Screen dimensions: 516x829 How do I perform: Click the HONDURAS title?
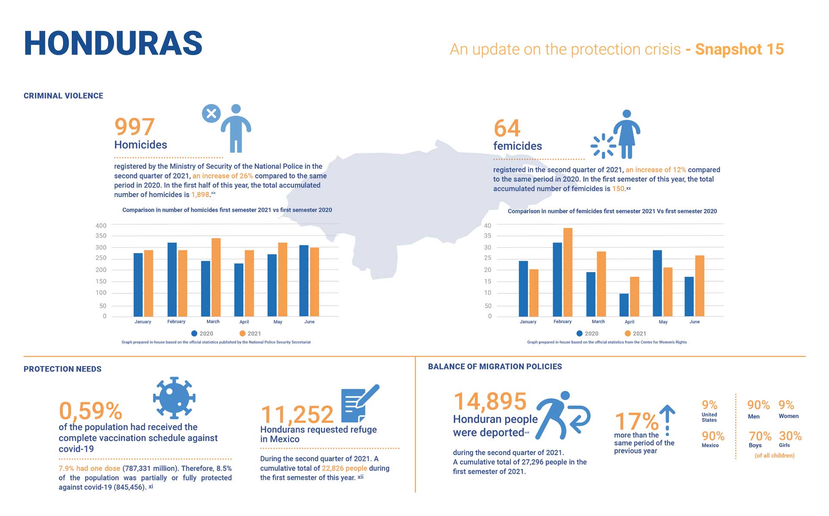[113, 44]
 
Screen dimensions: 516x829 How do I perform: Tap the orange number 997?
[134, 127]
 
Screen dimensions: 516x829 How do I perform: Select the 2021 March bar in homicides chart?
[216, 277]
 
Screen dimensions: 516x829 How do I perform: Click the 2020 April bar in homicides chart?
[239, 290]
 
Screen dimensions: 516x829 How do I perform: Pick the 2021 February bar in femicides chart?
[568, 272]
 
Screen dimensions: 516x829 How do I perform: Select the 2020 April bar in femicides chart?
[624, 305]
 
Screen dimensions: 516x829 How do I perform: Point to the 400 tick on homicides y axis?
[101, 225]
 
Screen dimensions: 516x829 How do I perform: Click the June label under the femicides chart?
[694, 322]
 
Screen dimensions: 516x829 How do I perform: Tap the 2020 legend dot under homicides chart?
[194, 333]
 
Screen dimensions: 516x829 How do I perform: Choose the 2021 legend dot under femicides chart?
[628, 333]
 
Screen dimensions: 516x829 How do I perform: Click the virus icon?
[174, 397]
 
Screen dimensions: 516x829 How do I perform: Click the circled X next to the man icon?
[211, 114]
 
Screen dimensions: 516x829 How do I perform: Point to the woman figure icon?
[626, 134]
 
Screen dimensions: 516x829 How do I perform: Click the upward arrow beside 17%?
[667, 420]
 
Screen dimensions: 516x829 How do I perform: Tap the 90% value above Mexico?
[713, 436]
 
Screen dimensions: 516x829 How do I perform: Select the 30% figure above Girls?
[790, 436]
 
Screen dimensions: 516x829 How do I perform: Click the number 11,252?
[297, 415]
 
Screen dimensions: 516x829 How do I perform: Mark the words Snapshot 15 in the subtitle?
[739, 49]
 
